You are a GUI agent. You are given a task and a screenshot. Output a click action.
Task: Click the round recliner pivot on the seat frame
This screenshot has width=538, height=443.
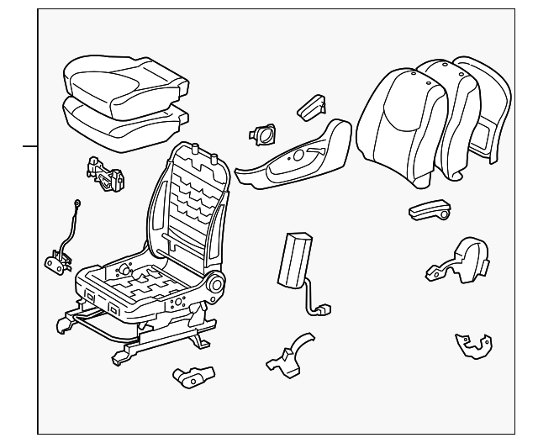coord(214,286)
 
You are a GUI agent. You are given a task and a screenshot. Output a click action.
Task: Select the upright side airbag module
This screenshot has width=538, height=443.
coord(294,256)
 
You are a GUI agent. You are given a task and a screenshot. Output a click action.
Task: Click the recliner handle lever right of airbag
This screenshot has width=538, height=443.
coord(428,211)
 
